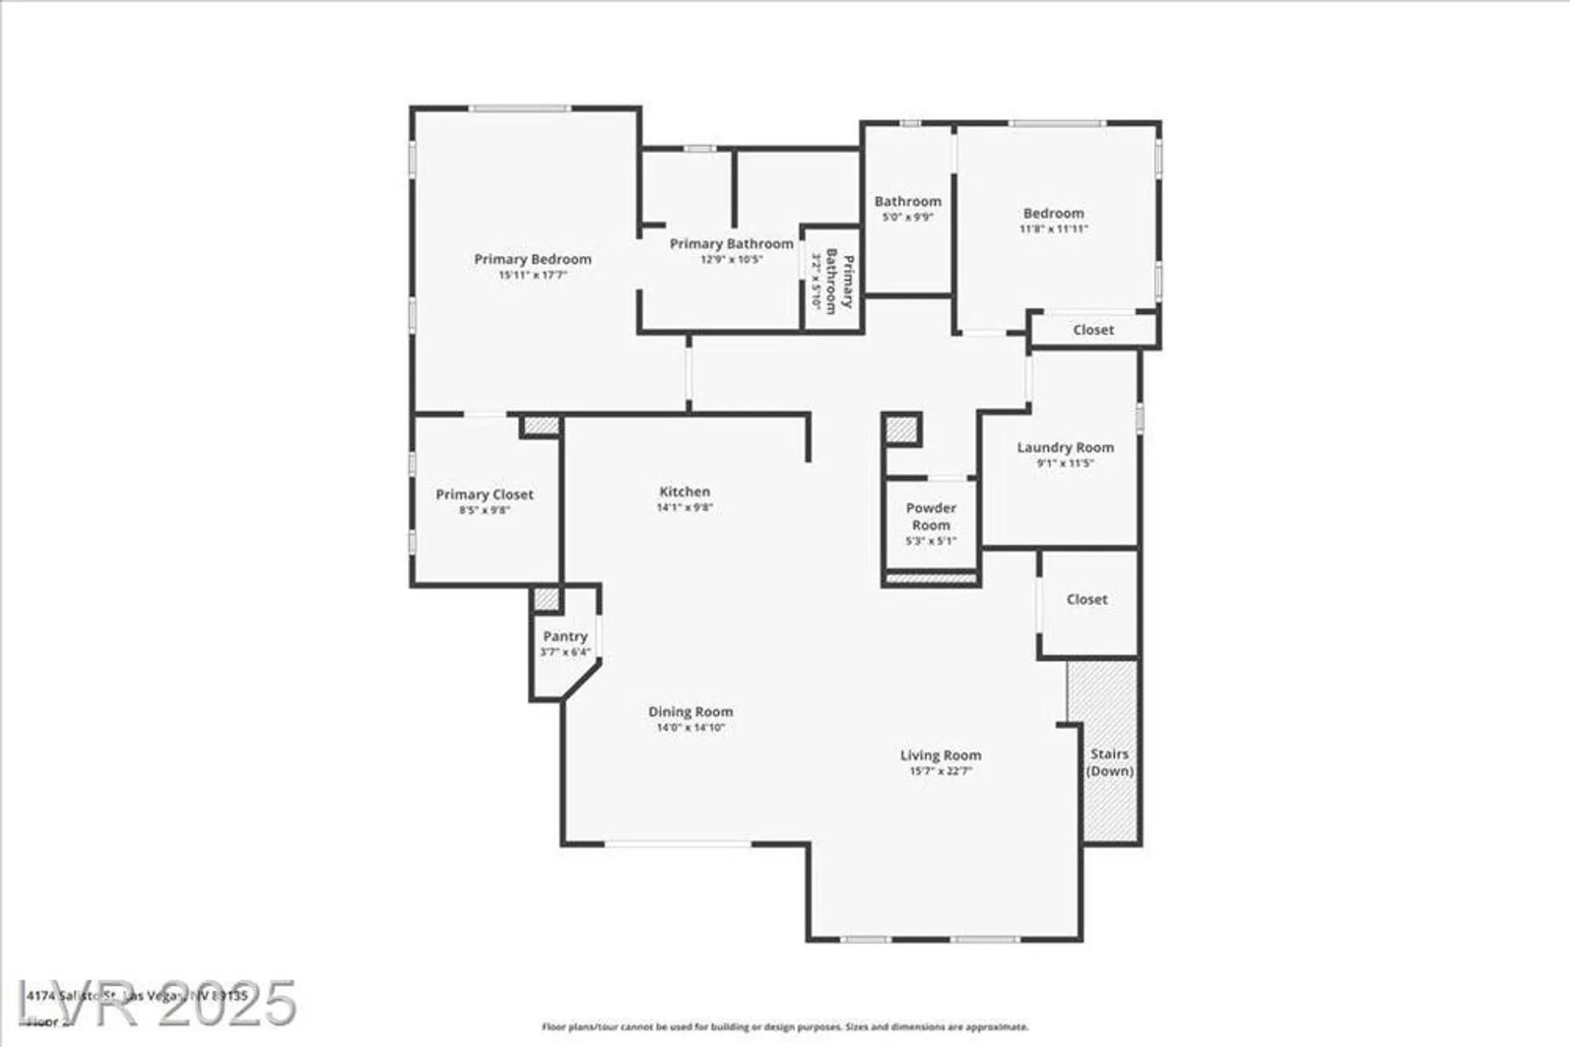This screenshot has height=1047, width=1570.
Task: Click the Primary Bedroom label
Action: click(x=532, y=259)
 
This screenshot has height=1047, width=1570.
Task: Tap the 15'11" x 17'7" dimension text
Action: click(x=532, y=275)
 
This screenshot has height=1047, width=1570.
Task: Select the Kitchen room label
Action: click(x=685, y=491)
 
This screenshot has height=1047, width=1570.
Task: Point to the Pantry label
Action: click(x=564, y=637)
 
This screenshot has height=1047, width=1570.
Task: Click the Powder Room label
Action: click(x=930, y=516)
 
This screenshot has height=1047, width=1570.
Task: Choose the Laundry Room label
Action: click(x=1065, y=447)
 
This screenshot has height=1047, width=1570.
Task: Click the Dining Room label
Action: click(x=690, y=712)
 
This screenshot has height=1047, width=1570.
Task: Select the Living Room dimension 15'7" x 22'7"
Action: click(x=940, y=772)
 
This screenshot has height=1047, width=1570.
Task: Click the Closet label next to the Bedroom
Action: click(x=1093, y=330)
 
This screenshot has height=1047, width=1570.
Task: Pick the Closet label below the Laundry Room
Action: click(x=1086, y=600)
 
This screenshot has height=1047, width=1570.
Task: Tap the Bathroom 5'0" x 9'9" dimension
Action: click(x=907, y=217)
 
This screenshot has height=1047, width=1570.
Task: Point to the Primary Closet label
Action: click(x=484, y=494)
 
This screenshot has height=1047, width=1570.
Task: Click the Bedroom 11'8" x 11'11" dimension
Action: click(x=1053, y=229)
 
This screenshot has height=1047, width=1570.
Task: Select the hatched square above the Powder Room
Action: click(x=901, y=429)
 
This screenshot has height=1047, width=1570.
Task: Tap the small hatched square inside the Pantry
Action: click(x=546, y=600)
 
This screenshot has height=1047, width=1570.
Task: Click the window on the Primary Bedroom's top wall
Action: click(x=520, y=108)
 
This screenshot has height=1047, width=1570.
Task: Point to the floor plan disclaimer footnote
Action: click(x=784, y=1027)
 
